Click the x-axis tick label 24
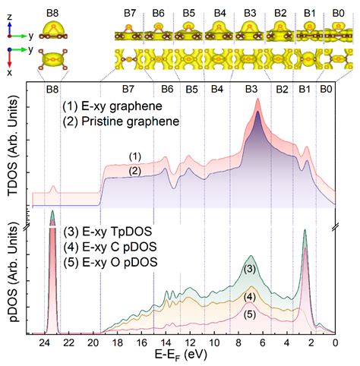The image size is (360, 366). [45, 343]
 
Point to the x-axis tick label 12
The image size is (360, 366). [191, 343]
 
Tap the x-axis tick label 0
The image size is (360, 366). [335, 343]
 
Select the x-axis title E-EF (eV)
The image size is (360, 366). [181, 355]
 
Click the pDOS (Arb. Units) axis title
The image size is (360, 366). [13, 272]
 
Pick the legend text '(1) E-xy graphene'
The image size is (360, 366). [112, 106]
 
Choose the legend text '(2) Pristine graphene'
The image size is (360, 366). [121, 121]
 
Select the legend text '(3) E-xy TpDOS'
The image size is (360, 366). [108, 232]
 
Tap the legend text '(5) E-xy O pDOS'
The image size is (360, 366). [110, 262]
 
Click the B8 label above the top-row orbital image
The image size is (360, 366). [52, 13]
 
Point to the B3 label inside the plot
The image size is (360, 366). [251, 89]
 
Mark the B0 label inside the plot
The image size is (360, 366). [326, 89]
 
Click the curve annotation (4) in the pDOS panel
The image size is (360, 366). [250, 297]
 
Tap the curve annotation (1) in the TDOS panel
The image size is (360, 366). [134, 156]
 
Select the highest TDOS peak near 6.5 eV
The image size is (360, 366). [257, 99]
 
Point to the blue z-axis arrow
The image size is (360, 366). [10, 28]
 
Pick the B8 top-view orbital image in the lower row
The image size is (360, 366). [53, 60]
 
